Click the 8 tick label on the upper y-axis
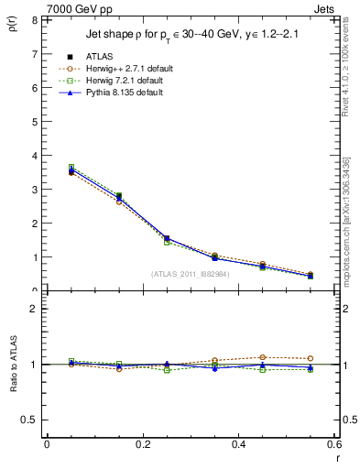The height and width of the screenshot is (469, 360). [x=34, y=19]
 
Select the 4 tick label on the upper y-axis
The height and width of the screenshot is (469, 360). [x=34, y=156]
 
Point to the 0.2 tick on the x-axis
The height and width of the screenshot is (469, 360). [x=143, y=443]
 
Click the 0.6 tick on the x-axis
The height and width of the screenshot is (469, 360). [x=335, y=443]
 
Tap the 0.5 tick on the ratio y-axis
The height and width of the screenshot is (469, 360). [x=29, y=420]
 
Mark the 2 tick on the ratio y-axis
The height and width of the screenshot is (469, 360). [x=34, y=309]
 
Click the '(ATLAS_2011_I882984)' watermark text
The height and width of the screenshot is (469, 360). [x=190, y=273]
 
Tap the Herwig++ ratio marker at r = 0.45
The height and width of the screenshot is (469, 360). [x=262, y=357]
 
